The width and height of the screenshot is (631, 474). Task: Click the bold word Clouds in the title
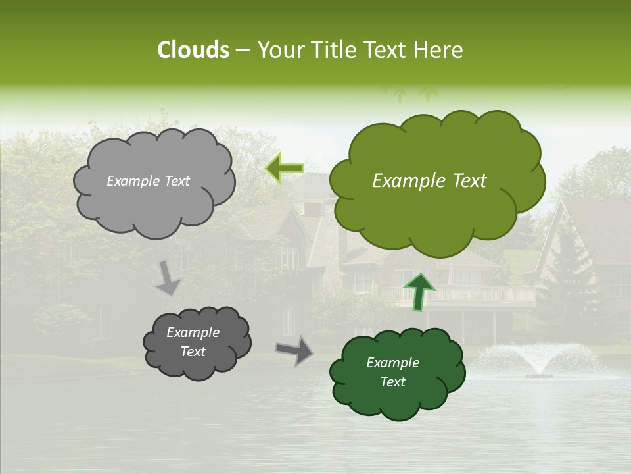pos(193,49)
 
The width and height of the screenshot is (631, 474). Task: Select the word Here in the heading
pos(440,49)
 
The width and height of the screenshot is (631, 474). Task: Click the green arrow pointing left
pos(284,169)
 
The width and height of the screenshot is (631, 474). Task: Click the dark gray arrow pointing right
pos(294,350)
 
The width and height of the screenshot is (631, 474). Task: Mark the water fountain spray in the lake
pos(539,359)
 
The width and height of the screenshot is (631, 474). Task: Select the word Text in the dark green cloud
pos(392,382)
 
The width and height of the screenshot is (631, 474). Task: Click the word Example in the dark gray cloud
pos(193,332)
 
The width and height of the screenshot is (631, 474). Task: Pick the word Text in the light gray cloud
pos(175,181)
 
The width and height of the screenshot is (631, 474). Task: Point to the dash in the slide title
pos(243,49)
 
